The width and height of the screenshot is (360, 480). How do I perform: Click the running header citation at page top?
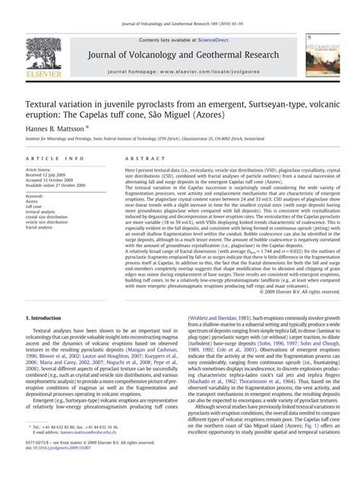point(180,8)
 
